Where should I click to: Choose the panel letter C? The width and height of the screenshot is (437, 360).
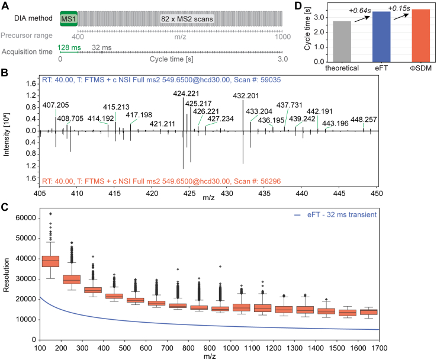5,191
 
